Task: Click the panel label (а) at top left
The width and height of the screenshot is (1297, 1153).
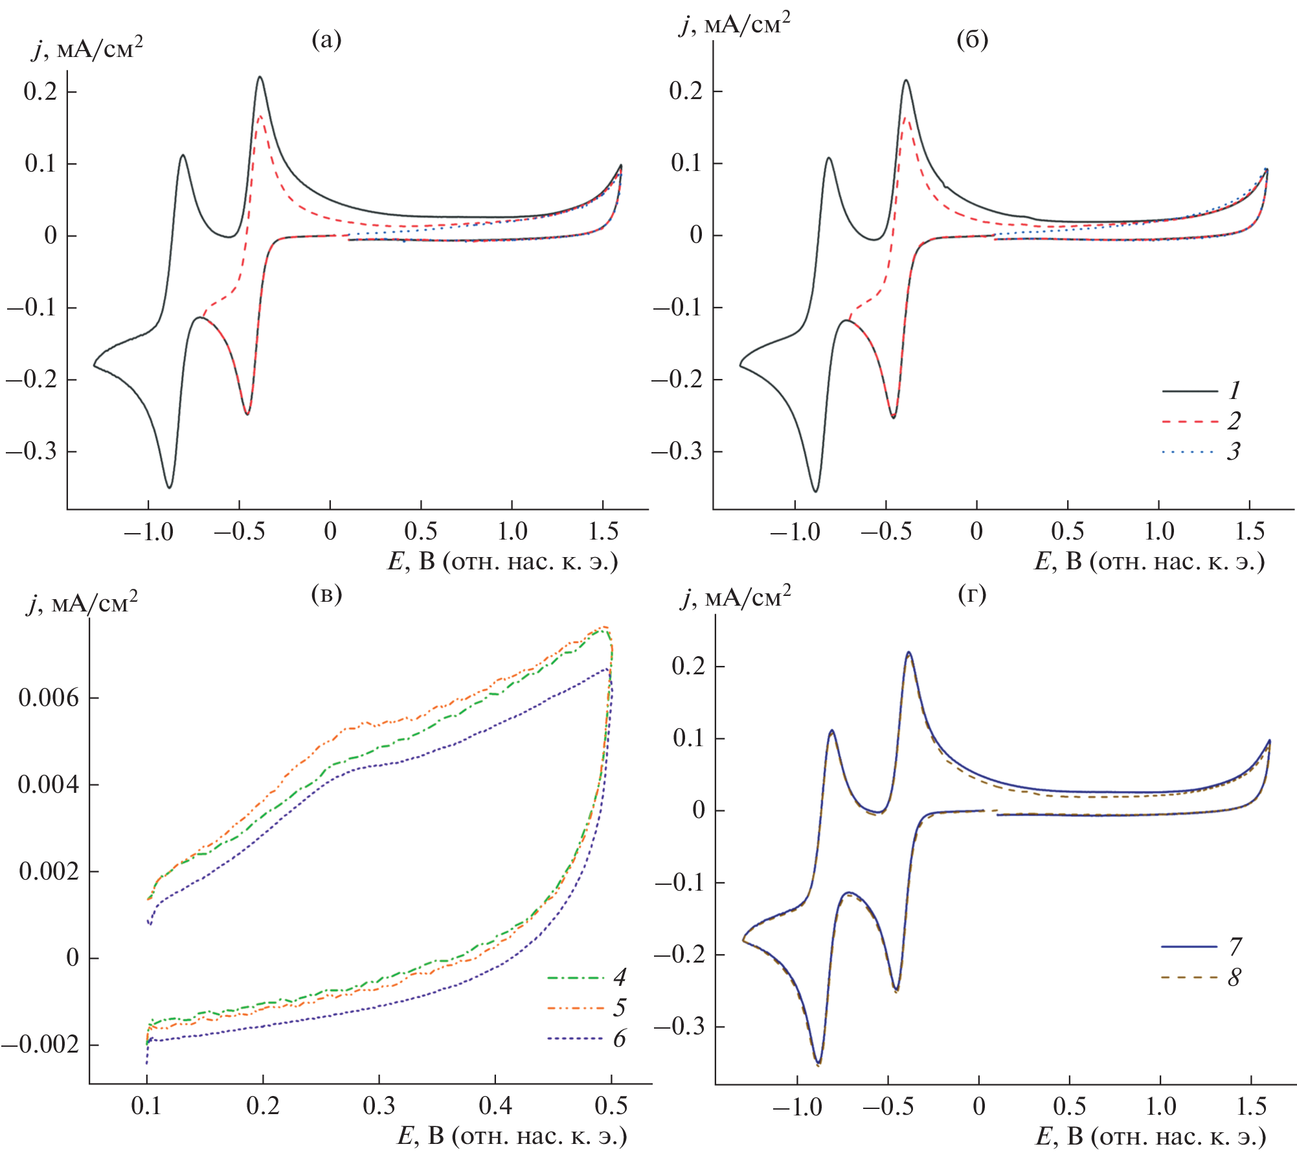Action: coord(326,40)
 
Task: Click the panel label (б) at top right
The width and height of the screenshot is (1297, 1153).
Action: coord(972,40)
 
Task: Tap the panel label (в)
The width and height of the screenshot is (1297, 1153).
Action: coord(326,593)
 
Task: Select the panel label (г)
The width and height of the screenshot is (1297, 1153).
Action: coord(972,593)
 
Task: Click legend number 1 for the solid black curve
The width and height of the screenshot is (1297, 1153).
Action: coord(1234,391)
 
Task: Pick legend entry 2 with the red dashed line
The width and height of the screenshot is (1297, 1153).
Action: coord(1234,421)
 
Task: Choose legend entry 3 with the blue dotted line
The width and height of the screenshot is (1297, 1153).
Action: coord(1234,451)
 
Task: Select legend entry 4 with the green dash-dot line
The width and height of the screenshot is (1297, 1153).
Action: coord(620,977)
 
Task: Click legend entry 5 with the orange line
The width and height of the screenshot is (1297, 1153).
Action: coord(620,1007)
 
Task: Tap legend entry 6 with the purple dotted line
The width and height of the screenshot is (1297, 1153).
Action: coord(620,1038)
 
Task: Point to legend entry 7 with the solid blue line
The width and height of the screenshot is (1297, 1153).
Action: coord(1235,946)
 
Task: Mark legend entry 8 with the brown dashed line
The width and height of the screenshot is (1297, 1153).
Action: coord(1235,977)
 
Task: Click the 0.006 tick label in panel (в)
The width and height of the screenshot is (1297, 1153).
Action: coord(49,698)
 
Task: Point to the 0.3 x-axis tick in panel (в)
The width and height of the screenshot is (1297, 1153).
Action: coord(379,1105)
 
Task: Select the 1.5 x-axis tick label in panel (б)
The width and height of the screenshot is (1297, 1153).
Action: coord(1250,532)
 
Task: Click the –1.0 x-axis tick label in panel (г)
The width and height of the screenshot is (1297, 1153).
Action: coord(797,1106)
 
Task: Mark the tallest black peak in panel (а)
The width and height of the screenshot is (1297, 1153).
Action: coord(260,77)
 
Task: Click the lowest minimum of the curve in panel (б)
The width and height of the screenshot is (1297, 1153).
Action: coord(815,491)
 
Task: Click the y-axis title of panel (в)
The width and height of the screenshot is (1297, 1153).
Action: coord(82,604)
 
